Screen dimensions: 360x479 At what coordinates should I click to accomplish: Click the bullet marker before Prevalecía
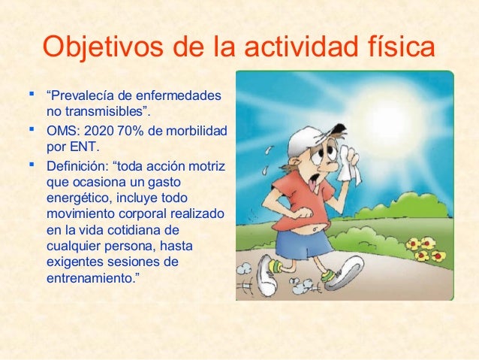31,95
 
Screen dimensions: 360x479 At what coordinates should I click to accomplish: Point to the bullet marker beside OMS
31,128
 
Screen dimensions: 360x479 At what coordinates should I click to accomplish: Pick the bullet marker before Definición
31,161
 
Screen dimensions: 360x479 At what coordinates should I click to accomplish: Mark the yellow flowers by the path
425,249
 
